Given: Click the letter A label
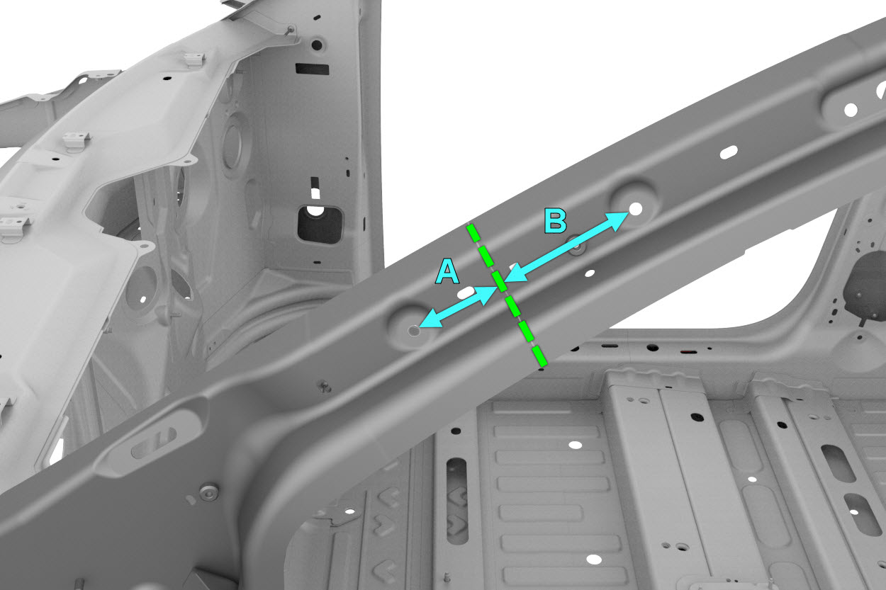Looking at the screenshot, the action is [447, 272].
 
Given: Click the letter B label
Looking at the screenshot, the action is [555, 220].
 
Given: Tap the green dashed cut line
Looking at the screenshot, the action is [507, 295].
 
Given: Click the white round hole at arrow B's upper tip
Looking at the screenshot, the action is [636, 209].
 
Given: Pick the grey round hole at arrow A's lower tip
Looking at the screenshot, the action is [414, 330].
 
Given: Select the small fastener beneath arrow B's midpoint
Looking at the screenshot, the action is [577, 245].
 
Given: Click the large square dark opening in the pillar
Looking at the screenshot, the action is [320, 225].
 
